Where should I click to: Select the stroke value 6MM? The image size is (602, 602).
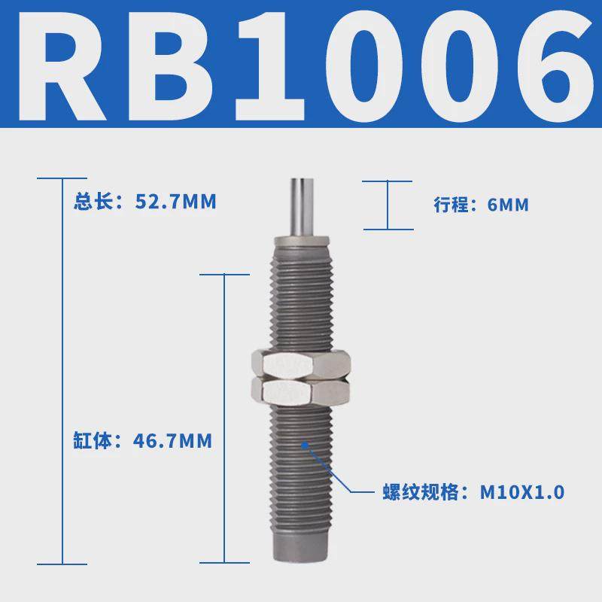point(508,205)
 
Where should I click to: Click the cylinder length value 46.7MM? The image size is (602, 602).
point(172,441)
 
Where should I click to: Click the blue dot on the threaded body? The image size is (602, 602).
point(304,444)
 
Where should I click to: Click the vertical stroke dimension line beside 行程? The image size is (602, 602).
point(388,205)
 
